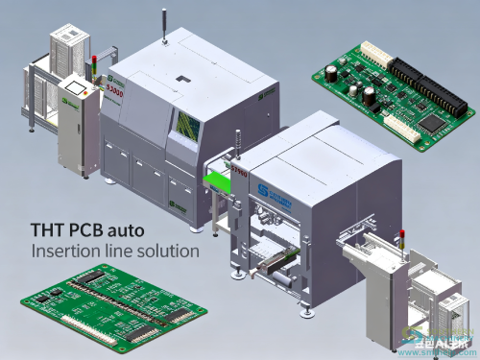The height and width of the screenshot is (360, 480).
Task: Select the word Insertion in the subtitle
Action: tap(64, 252)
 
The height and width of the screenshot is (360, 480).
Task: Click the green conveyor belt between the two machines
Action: tap(220, 180)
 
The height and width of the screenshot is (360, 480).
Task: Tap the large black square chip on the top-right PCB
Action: tap(431, 122)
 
